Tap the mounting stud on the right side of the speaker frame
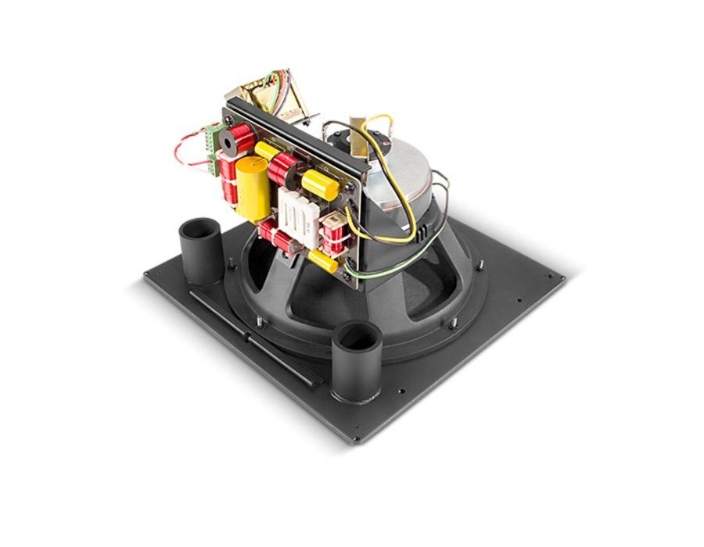tap(450, 320)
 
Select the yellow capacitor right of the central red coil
tap(320, 186)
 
